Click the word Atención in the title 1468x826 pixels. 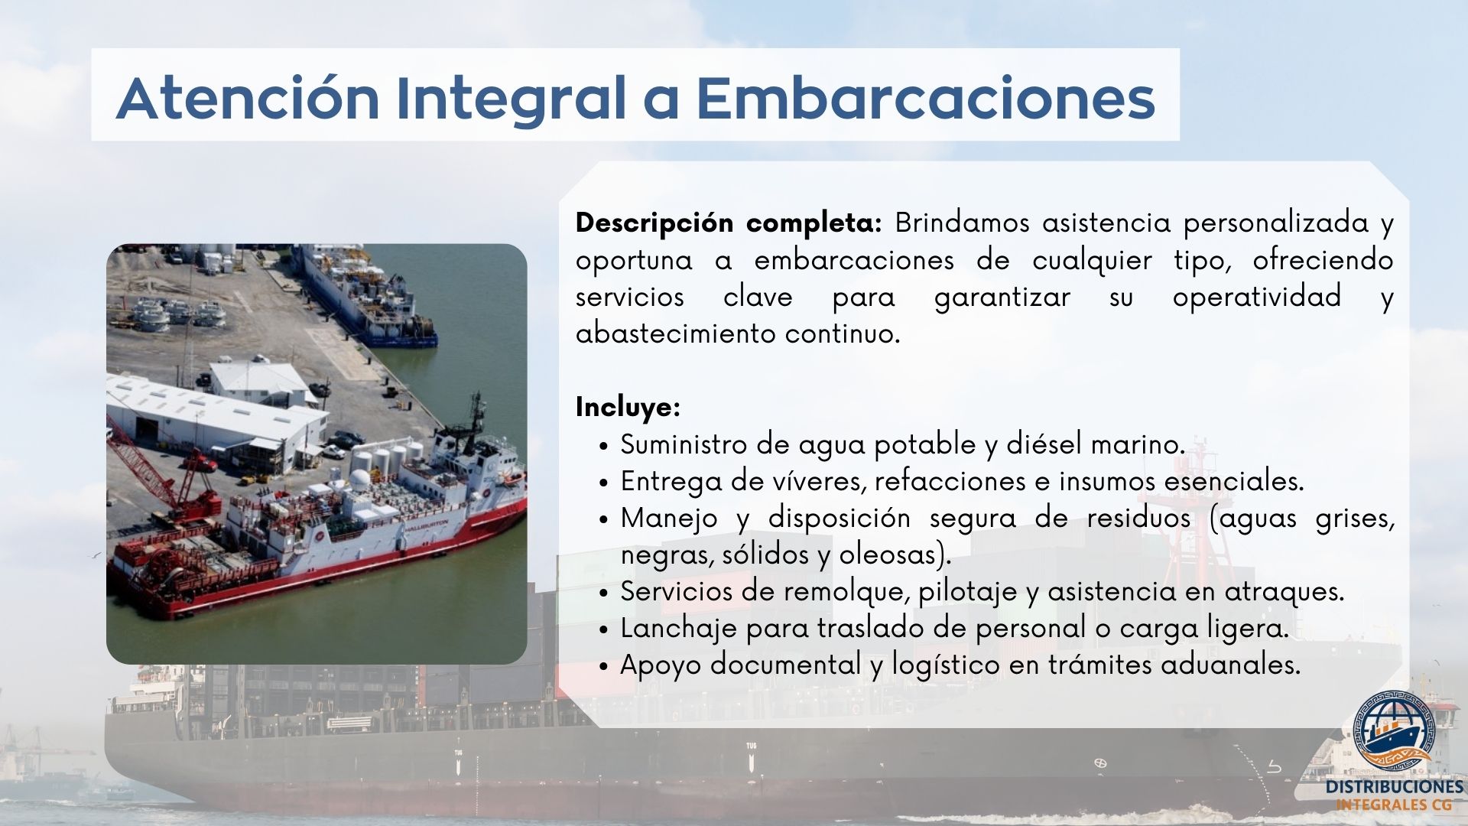pyautogui.click(x=247, y=98)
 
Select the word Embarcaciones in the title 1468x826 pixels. pyautogui.click(x=925, y=98)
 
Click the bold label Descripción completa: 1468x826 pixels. pyautogui.click(x=729, y=223)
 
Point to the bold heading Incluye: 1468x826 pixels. pyautogui.click(x=628, y=407)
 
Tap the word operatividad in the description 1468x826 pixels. pyautogui.click(x=1257, y=297)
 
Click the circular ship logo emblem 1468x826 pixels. pyautogui.click(x=1395, y=731)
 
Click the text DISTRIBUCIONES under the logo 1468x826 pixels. pyautogui.click(x=1395, y=787)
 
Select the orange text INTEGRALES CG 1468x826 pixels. pyautogui.click(x=1394, y=805)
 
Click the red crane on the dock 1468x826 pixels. pyautogui.click(x=164, y=474)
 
